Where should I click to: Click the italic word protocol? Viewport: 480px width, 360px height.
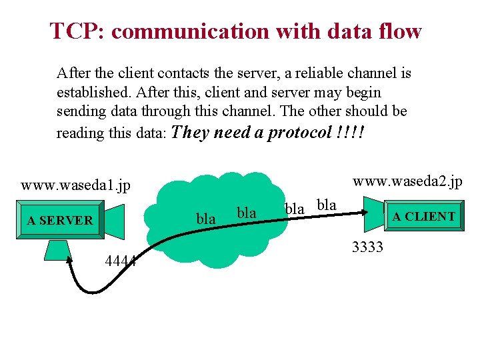299,132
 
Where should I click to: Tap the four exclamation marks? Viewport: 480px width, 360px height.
351,132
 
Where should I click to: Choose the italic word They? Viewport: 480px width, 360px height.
191,132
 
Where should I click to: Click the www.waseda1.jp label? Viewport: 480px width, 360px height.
75,185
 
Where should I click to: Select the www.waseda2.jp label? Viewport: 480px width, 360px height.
407,181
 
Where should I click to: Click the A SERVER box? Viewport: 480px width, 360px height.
60,220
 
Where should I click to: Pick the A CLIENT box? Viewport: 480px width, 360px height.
423,217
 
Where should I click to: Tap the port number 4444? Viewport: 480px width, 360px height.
121,261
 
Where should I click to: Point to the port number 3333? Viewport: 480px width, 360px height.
367,248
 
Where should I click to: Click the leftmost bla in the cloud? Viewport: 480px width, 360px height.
206,219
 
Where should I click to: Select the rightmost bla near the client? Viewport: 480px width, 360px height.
326,205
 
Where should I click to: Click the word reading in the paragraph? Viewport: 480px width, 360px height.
79,133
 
